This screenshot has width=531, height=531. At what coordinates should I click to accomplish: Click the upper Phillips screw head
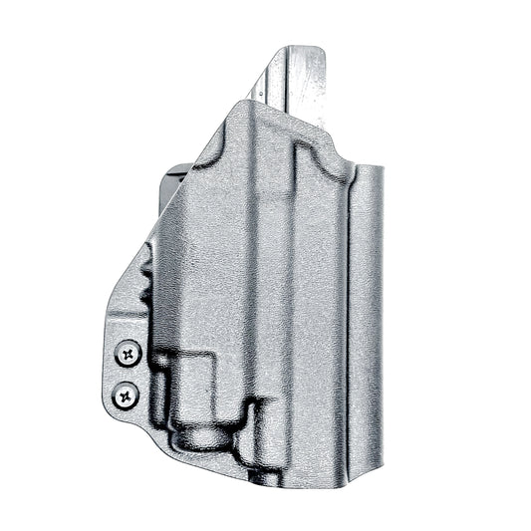[129, 353]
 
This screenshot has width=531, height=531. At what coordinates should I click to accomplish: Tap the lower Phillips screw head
[126, 395]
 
